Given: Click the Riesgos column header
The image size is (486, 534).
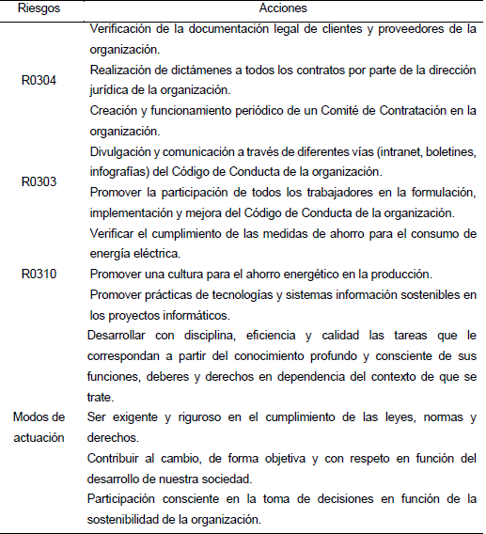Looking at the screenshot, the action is pos(39,8).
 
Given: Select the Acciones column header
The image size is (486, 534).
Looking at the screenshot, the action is pos(285,8).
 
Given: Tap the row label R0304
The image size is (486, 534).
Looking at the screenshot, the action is pos(39,81).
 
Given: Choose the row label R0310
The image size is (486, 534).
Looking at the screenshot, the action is pos(39,274).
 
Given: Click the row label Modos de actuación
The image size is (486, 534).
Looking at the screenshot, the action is pos(39,425).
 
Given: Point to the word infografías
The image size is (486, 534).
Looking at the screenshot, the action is pos(122,172).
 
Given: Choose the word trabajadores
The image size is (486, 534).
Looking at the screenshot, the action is pos(320,193).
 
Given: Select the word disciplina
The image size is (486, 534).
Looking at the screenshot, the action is pos(205,335).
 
